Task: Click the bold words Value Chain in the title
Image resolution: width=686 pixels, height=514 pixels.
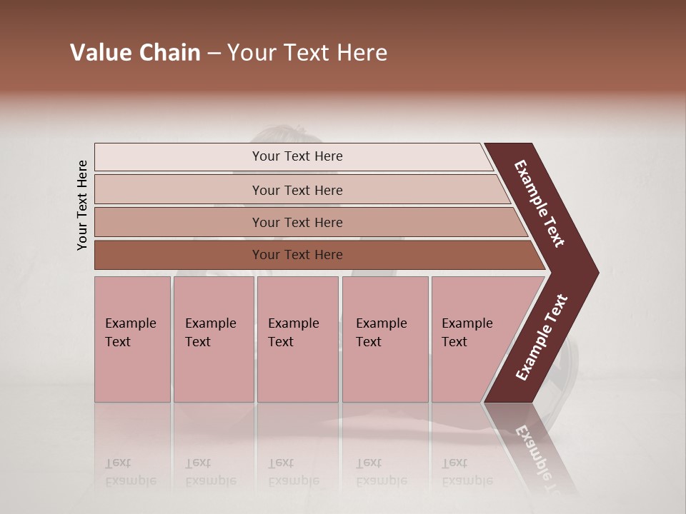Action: tap(135, 53)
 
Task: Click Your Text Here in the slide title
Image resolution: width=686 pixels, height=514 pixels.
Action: tap(307, 53)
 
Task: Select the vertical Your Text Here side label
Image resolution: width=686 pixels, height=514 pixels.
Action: tap(82, 205)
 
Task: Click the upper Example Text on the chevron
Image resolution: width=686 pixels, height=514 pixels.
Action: tap(540, 203)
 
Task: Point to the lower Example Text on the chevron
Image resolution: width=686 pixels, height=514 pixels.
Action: tap(542, 338)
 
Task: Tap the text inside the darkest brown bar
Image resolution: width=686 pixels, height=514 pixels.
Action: tap(297, 255)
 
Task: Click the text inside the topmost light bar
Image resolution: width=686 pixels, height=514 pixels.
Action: tap(297, 156)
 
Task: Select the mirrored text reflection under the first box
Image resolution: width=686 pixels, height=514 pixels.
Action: tap(131, 472)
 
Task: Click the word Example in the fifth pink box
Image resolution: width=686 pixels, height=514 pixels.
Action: tap(467, 323)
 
